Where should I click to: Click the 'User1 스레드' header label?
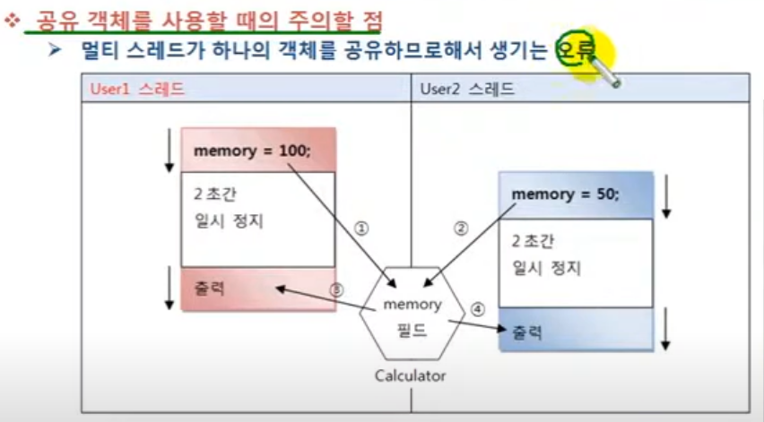[x=137, y=90]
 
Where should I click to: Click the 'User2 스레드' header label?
[x=467, y=90]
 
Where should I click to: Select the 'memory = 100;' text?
[x=252, y=151]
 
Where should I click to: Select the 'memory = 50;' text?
[x=565, y=194]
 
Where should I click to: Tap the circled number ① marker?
[x=361, y=228]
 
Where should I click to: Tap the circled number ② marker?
[x=461, y=228]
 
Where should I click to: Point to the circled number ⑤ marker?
[x=336, y=289]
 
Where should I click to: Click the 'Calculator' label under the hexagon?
[x=410, y=375]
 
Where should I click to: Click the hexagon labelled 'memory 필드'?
[x=412, y=314]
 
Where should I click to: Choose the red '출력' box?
[x=257, y=289]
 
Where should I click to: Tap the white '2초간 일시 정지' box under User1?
[x=257, y=219]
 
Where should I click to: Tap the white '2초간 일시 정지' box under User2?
[x=576, y=263]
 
